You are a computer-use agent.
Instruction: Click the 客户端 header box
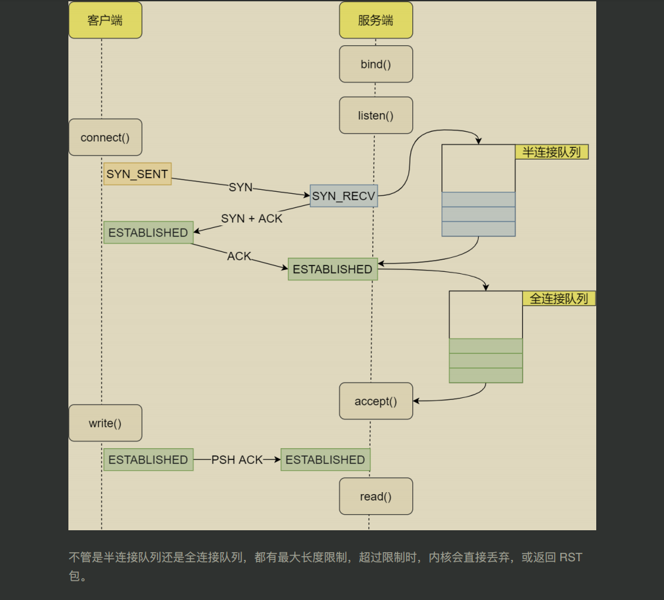click(x=105, y=20)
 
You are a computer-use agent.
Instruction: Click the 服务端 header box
click(x=376, y=20)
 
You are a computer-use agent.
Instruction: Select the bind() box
click(x=376, y=64)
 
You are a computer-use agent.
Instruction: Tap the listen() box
click(x=376, y=116)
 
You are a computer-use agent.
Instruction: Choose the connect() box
click(x=105, y=137)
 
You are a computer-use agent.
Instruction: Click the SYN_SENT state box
click(x=137, y=174)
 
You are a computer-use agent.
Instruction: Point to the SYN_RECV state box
click(x=343, y=196)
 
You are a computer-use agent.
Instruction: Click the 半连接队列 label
click(x=552, y=152)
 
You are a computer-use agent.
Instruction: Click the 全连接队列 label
click(x=559, y=298)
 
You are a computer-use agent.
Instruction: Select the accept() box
click(x=376, y=401)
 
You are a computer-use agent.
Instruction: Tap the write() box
click(x=105, y=423)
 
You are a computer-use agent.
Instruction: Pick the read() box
click(x=376, y=496)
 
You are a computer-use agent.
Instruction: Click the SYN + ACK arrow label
click(x=252, y=218)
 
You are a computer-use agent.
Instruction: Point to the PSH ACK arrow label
click(x=237, y=460)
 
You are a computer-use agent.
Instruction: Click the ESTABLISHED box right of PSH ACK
click(x=325, y=460)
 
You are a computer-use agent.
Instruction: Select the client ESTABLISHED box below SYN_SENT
click(x=148, y=233)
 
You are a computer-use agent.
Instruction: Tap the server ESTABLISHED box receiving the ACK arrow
click(x=332, y=269)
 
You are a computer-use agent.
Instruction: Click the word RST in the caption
click(x=570, y=557)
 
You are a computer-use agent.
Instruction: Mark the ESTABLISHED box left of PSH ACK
click(x=148, y=460)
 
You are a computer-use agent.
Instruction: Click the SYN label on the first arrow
click(x=240, y=187)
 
